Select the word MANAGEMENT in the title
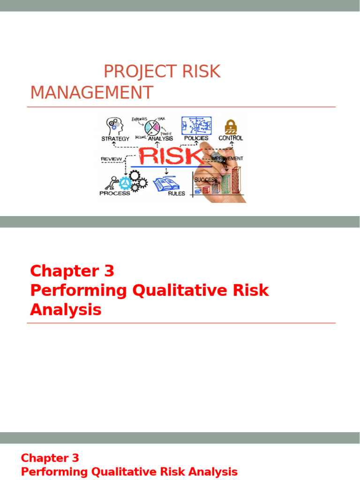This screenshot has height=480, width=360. [x=91, y=93]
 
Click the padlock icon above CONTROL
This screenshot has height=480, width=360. [x=230, y=126]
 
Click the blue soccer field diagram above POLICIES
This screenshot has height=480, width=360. [x=196, y=126]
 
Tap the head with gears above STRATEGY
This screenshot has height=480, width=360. [x=115, y=126]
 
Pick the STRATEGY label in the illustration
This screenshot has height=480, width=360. [x=115, y=139]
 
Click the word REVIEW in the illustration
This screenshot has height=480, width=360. [x=111, y=159]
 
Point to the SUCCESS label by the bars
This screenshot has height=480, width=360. [x=206, y=180]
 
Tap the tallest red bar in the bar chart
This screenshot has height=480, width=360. [x=236, y=180]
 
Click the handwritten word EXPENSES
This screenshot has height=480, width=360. [x=140, y=119]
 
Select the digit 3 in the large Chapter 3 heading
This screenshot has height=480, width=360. [x=107, y=271]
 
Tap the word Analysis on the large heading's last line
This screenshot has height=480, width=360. [x=66, y=310]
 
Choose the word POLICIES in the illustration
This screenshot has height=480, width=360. [x=196, y=138]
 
